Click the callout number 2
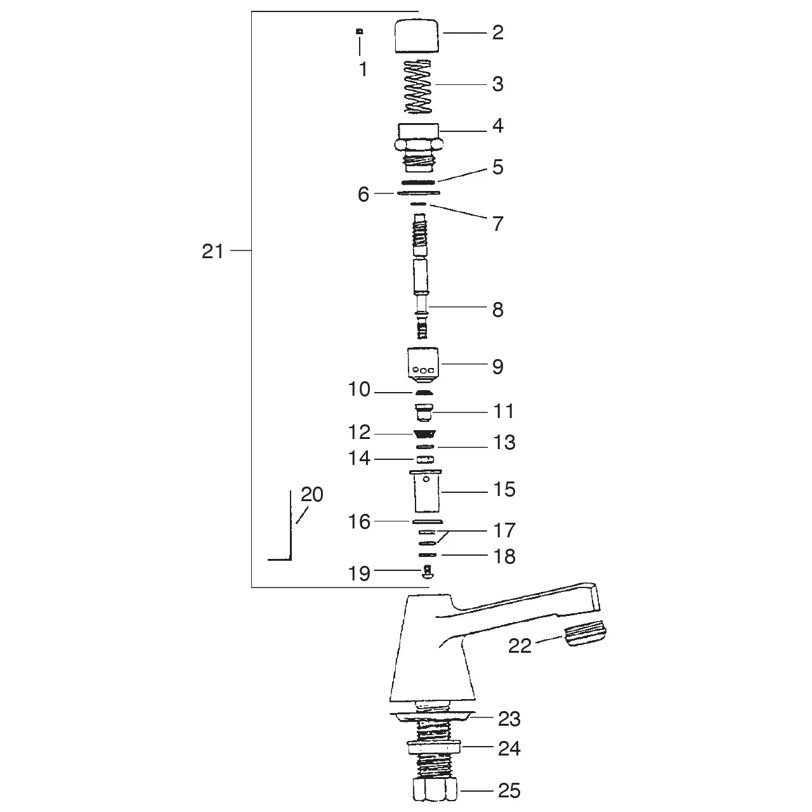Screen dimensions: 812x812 (497, 32)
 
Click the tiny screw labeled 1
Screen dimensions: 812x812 (360, 30)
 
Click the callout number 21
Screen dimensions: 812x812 (213, 251)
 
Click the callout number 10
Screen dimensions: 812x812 (359, 390)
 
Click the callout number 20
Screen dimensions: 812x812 (311, 494)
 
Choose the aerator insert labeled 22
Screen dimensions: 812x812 (582, 637)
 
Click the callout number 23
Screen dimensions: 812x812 (509, 719)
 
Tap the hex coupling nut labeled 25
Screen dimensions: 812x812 (431, 791)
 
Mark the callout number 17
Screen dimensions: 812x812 (504, 530)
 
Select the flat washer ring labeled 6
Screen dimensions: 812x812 (418, 192)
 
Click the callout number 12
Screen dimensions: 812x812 (359, 432)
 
